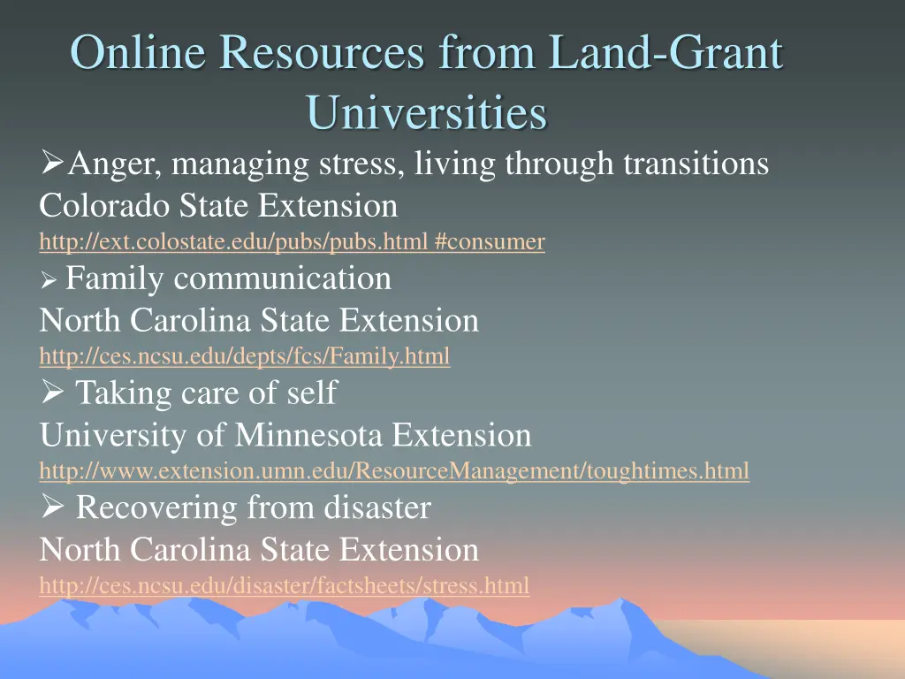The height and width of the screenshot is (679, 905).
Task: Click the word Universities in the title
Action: (x=427, y=112)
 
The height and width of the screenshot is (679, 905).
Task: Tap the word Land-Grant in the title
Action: (x=665, y=53)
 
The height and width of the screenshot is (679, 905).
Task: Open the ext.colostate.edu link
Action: (x=292, y=240)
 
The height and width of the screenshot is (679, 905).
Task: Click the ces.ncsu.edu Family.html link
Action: (x=244, y=356)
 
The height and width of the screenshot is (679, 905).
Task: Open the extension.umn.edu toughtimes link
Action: (x=394, y=471)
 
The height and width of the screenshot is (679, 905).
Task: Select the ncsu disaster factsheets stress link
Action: (x=285, y=585)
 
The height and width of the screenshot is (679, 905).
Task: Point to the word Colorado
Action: (x=105, y=206)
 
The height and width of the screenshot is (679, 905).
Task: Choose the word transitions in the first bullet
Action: (x=696, y=164)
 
